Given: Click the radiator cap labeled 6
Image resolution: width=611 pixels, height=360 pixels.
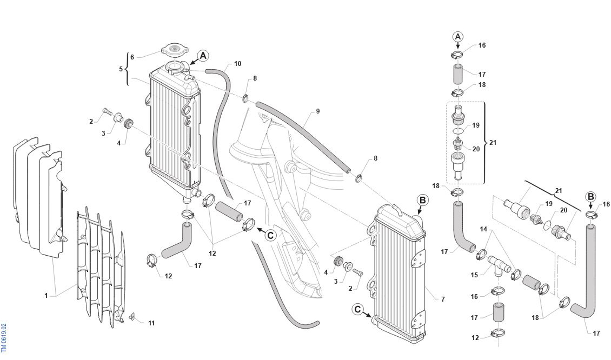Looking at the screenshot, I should click(x=174, y=50).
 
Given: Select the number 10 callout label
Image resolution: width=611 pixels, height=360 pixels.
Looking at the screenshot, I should click(x=237, y=64).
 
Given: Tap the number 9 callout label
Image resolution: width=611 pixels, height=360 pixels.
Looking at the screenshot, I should click(x=318, y=111).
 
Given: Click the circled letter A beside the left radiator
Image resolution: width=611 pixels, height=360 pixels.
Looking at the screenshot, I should click(x=203, y=56).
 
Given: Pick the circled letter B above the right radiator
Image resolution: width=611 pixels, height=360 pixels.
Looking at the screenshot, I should click(x=423, y=200).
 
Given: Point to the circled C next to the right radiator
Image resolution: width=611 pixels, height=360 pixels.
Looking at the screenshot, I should click(x=358, y=309).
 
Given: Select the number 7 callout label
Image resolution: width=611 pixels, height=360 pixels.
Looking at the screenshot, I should click(x=443, y=299).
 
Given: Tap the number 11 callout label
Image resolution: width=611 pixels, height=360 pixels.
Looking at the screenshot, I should click(x=151, y=323).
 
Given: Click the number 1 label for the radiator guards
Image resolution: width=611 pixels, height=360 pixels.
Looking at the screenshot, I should click(x=46, y=295).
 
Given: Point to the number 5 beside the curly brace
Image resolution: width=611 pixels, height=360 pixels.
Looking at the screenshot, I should click(x=121, y=69).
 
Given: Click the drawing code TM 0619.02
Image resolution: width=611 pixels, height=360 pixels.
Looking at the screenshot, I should click(x=4, y=338).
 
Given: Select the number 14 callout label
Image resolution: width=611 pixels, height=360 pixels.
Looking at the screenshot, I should click(x=483, y=229).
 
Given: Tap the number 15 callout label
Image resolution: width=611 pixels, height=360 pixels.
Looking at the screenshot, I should click(x=474, y=275).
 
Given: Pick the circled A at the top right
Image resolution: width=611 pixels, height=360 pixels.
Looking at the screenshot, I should click(x=458, y=37).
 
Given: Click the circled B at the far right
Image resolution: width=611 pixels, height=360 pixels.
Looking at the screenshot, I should click(x=591, y=197).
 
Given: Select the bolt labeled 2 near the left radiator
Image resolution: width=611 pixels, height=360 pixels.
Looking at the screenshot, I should click(x=105, y=111).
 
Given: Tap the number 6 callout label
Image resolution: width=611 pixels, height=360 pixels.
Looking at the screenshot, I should click(x=132, y=57).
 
